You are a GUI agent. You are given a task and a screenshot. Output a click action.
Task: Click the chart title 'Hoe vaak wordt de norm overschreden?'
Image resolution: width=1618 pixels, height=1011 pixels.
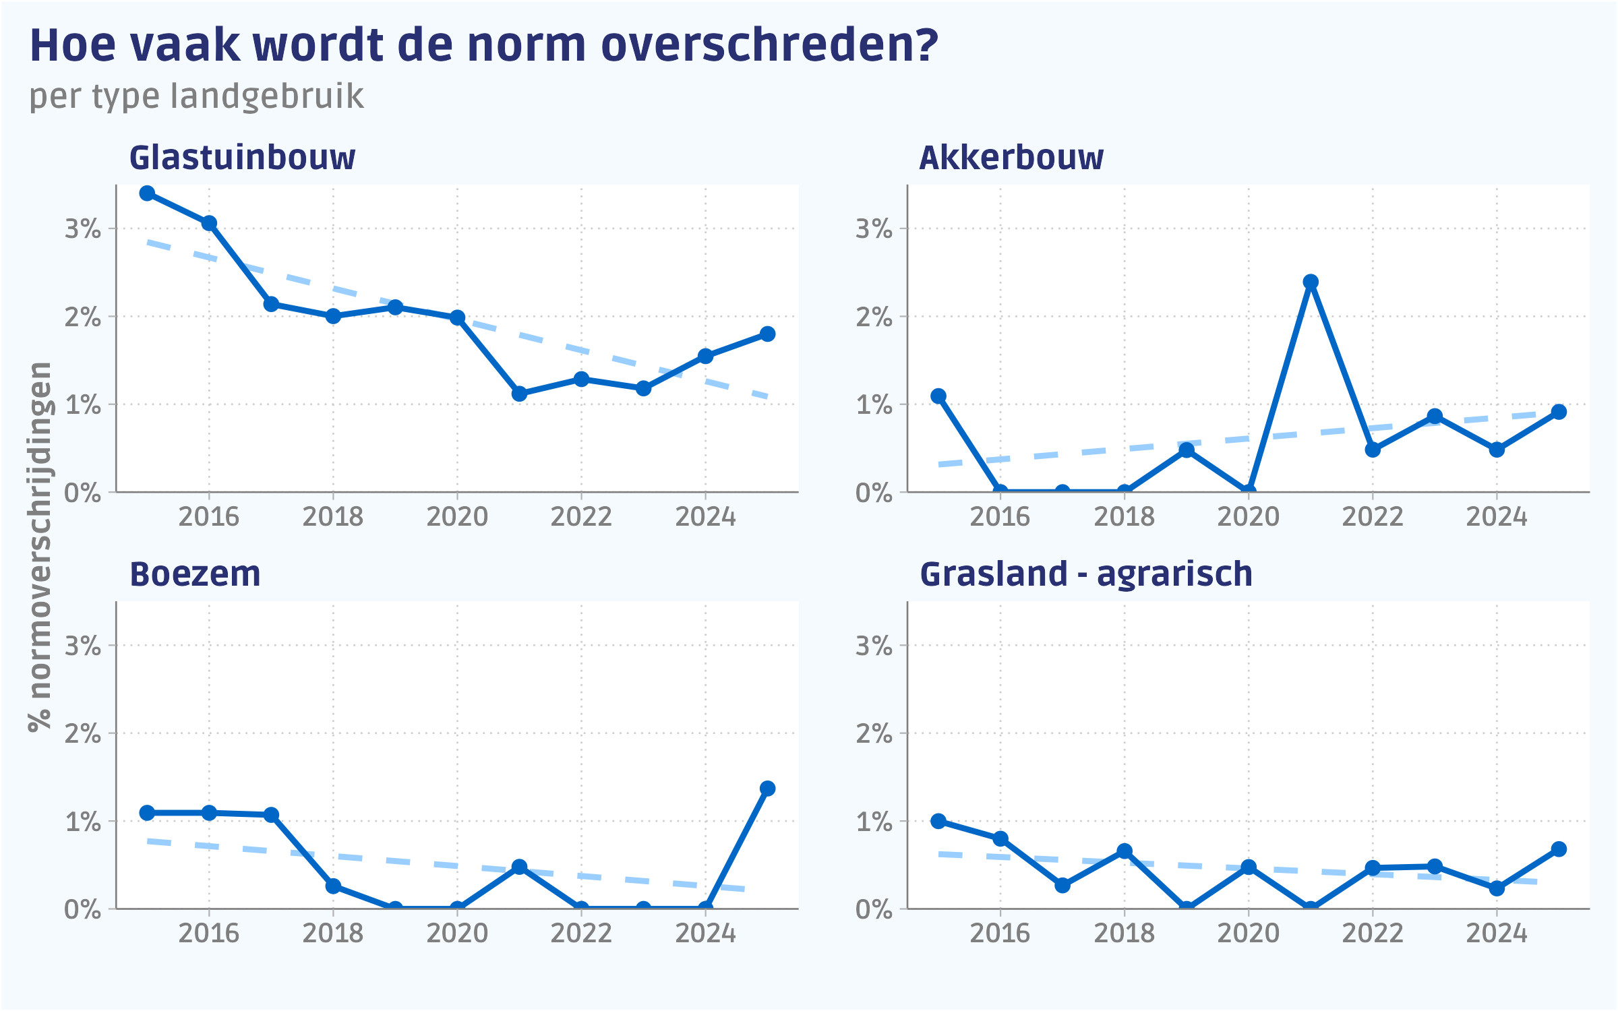coord(483,46)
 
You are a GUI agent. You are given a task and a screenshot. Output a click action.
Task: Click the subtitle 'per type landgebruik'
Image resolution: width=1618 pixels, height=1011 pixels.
coord(196,96)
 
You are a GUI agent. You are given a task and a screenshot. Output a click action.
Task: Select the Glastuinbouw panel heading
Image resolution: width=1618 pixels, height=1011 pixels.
coord(242,158)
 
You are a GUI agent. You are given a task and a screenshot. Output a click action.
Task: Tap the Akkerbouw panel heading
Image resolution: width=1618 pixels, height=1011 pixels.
coord(1011,158)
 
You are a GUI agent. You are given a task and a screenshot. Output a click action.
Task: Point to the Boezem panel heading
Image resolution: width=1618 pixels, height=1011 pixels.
coord(195,574)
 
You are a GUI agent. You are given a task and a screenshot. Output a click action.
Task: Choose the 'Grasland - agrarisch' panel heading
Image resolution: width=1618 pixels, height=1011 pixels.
coord(1086,574)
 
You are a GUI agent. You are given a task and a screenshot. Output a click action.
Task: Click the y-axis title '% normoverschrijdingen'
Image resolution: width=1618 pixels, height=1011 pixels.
coord(40,546)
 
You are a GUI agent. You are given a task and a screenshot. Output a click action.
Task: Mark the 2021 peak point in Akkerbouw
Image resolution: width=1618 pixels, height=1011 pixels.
coord(1311,282)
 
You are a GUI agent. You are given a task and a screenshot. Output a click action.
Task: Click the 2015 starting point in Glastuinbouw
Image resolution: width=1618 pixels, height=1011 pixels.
coord(147,193)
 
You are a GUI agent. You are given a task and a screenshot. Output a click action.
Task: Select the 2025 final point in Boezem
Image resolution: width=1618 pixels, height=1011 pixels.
coord(767,789)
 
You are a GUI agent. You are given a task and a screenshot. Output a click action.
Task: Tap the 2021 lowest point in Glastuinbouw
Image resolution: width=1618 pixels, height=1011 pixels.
coord(519,394)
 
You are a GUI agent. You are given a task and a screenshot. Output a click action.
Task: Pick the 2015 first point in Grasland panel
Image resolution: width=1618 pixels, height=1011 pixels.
coord(938,821)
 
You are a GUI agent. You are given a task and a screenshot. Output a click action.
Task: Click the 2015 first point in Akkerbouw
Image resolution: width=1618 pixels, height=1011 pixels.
coord(938,396)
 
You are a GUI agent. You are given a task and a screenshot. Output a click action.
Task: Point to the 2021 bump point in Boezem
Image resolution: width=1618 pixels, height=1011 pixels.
coord(519,867)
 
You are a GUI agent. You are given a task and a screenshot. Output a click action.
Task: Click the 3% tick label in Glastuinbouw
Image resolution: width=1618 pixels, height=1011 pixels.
coord(82,229)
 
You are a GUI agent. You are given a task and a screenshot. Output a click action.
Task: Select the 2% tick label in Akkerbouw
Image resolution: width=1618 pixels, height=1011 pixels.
coord(874,317)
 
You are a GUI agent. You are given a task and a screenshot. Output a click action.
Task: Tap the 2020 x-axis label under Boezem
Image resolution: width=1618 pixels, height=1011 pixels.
coord(457,933)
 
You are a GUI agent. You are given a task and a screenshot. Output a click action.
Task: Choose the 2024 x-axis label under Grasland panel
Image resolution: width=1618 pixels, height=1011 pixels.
coord(1497,933)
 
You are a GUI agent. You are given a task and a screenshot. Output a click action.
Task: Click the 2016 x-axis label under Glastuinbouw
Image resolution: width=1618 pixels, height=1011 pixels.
coord(209,517)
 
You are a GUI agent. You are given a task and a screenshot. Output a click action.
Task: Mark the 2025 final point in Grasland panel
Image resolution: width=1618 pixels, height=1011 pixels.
coord(1559,849)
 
